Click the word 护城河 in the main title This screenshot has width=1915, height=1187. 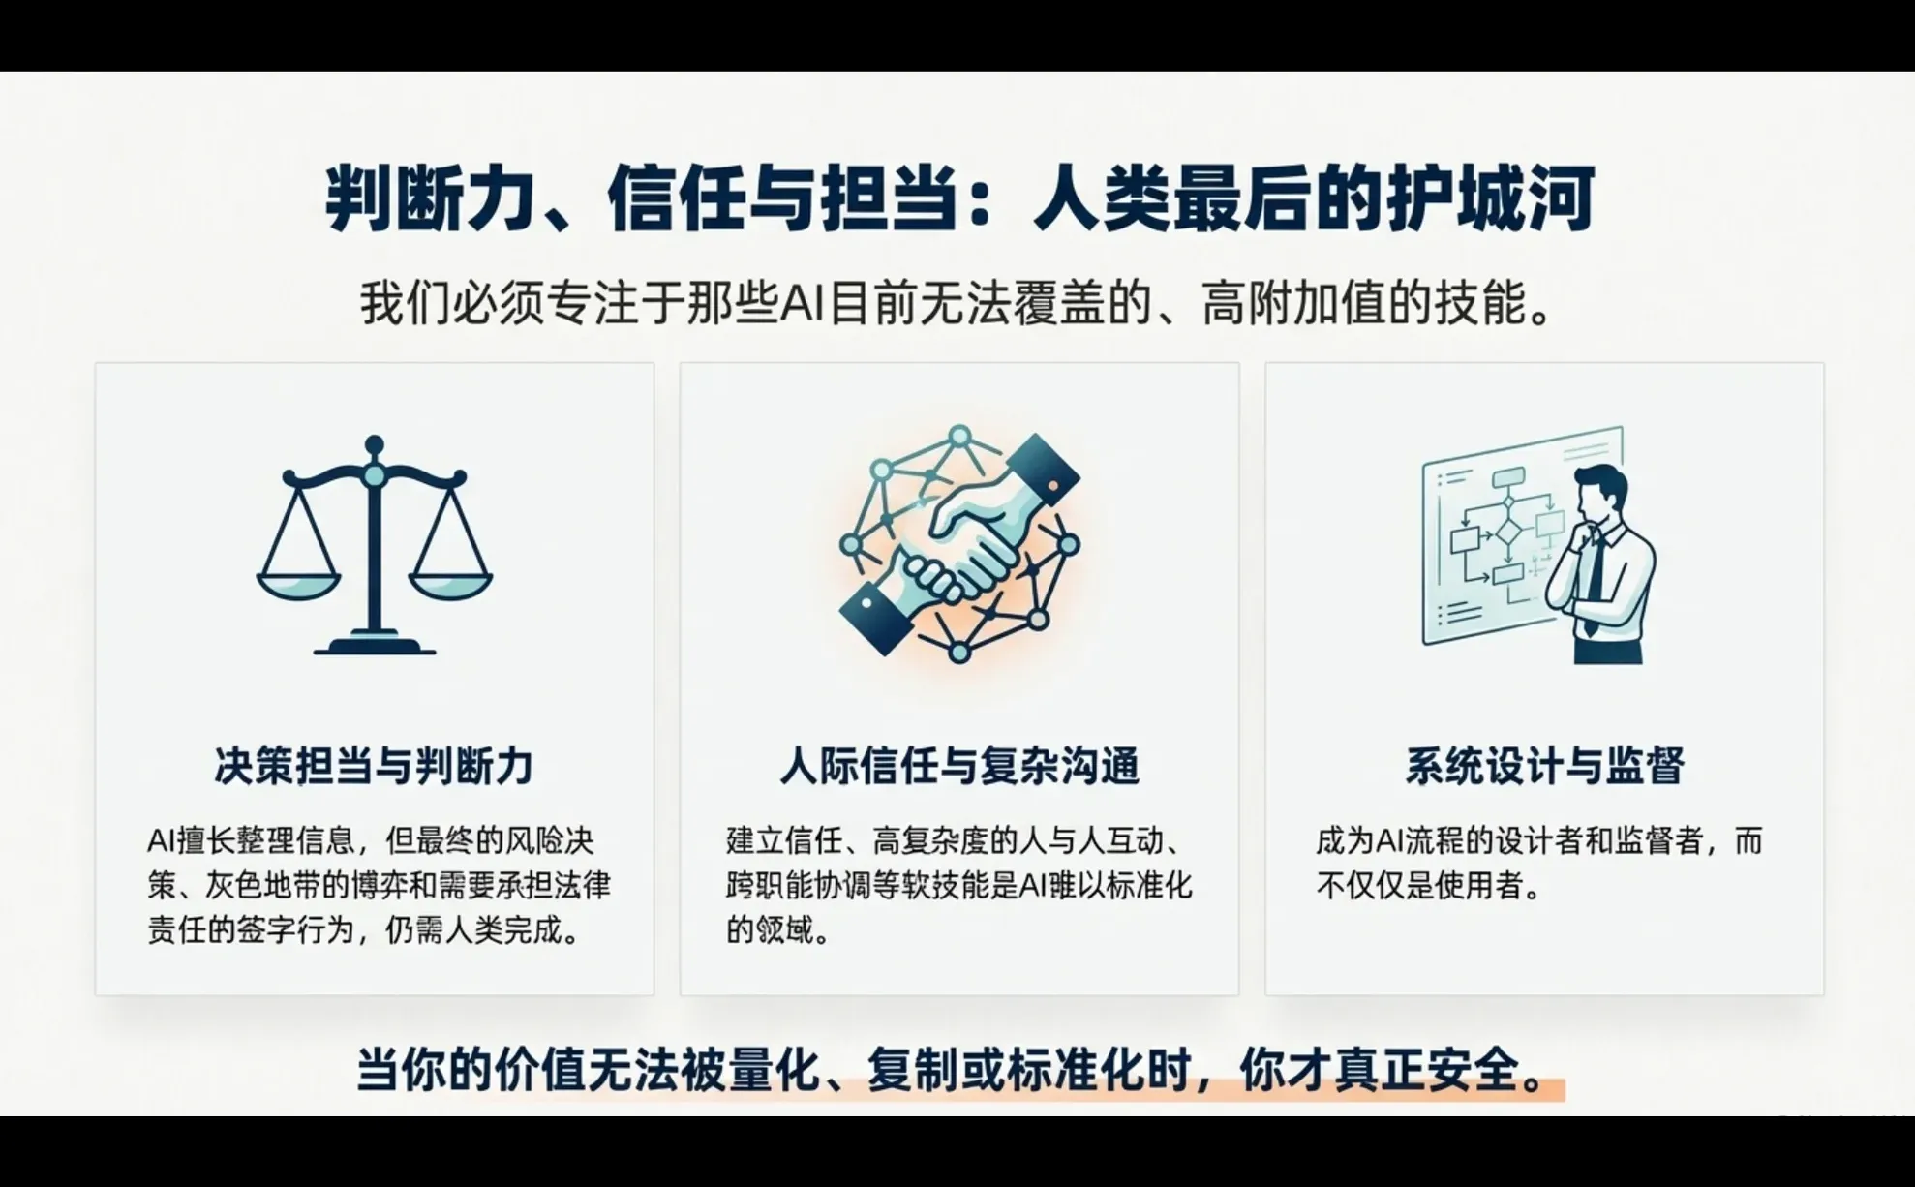click(1491, 198)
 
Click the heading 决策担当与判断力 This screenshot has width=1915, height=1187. click(374, 766)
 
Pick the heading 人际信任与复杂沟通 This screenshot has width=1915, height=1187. click(959, 766)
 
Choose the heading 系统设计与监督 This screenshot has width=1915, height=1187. click(1544, 766)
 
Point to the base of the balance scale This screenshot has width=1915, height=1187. click(375, 646)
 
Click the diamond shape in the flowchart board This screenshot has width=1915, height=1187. click(1507, 533)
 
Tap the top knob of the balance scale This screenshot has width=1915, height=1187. click(374, 444)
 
